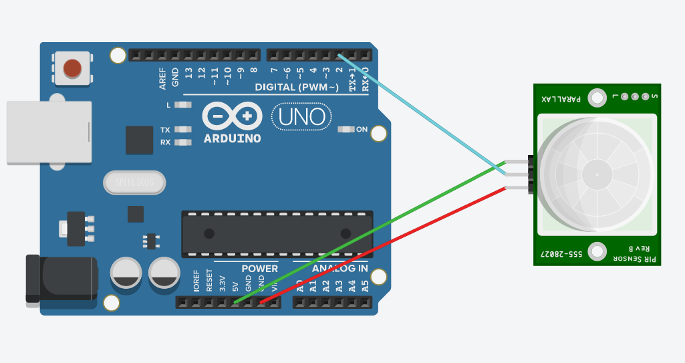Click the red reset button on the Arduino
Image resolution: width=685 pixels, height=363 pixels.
[72, 68]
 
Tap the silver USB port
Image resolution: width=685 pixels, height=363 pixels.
[49, 131]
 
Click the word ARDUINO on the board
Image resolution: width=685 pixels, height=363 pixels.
[232, 138]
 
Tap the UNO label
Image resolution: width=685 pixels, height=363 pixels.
[301, 118]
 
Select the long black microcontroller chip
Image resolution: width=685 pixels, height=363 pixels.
[277, 233]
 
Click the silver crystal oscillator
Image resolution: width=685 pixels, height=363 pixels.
[134, 183]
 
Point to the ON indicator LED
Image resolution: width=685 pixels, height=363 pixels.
[346, 129]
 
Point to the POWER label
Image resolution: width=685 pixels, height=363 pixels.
[259, 269]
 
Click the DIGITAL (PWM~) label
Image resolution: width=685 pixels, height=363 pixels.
[297, 87]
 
